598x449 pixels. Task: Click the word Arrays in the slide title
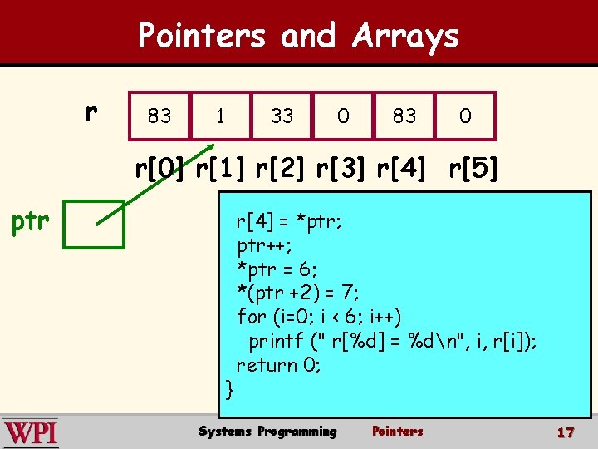pyautogui.click(x=405, y=36)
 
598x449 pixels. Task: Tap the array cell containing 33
pyautogui.click(x=282, y=116)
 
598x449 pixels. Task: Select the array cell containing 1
pyautogui.click(x=220, y=116)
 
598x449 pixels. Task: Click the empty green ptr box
pyautogui.click(x=94, y=224)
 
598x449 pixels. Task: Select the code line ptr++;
pyautogui.click(x=264, y=245)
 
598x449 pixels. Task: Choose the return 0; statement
pyautogui.click(x=278, y=364)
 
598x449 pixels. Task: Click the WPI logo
pyautogui.click(x=31, y=433)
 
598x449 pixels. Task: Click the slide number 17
pyautogui.click(x=566, y=432)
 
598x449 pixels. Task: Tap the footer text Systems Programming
pyautogui.click(x=267, y=432)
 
